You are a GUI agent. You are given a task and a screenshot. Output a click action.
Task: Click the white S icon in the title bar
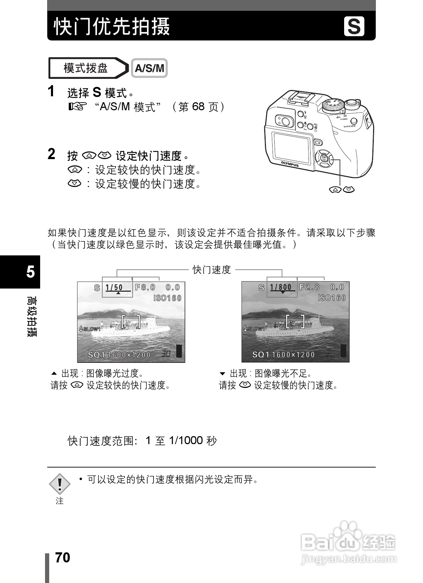[x=354, y=26]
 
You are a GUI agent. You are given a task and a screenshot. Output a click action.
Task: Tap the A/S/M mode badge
[x=149, y=68]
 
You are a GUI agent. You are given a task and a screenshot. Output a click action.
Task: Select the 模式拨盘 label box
[x=86, y=68]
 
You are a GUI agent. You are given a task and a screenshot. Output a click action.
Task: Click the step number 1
[x=51, y=91]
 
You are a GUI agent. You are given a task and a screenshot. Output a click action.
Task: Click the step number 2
[x=51, y=154]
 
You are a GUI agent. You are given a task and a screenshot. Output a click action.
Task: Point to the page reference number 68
[x=198, y=106]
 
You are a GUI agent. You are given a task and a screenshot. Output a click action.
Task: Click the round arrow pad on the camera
[x=324, y=158]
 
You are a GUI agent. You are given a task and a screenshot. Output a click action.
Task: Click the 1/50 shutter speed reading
[x=114, y=287]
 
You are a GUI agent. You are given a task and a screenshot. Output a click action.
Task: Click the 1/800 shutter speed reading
[x=281, y=287]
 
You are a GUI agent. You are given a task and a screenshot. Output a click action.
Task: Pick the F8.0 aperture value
[x=145, y=287]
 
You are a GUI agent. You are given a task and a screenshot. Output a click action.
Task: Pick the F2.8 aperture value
[x=310, y=287]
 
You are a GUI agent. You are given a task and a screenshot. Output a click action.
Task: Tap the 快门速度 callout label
[x=212, y=270]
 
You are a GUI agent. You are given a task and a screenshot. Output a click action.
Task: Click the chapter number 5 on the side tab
[x=31, y=271]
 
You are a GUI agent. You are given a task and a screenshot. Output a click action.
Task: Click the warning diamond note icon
[x=60, y=484]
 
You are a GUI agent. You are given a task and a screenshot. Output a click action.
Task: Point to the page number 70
[x=63, y=558]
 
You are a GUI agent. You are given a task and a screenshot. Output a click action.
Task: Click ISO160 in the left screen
[x=168, y=298]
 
